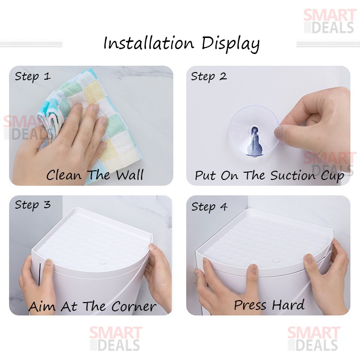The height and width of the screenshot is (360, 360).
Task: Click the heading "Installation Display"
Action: coord(181,44)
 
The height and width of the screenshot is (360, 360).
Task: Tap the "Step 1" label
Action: coord(33,76)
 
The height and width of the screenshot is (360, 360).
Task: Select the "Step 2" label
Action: coord(209,76)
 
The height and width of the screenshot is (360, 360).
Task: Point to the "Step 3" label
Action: coord(33,205)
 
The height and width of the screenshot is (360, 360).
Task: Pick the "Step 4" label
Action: coord(209,207)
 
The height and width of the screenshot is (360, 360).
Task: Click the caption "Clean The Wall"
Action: coord(95,175)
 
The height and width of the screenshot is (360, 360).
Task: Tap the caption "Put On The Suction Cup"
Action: coord(270,176)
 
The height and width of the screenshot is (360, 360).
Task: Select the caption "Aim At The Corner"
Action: coord(92,306)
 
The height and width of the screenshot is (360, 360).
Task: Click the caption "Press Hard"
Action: coord(269,305)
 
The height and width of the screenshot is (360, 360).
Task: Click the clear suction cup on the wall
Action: coord(253,131)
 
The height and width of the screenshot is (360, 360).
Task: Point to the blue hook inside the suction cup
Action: coord(254,141)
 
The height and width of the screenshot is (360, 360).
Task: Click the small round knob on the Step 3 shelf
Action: coord(103,262)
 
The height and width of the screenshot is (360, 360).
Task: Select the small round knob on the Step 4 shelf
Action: coord(276,260)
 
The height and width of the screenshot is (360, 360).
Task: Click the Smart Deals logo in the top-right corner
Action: coord(329,21)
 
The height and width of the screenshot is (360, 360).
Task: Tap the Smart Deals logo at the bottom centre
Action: coord(116,339)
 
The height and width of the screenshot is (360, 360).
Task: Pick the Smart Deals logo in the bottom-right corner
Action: coord(314,339)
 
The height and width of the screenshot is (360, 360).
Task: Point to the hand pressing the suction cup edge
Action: coord(313,122)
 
